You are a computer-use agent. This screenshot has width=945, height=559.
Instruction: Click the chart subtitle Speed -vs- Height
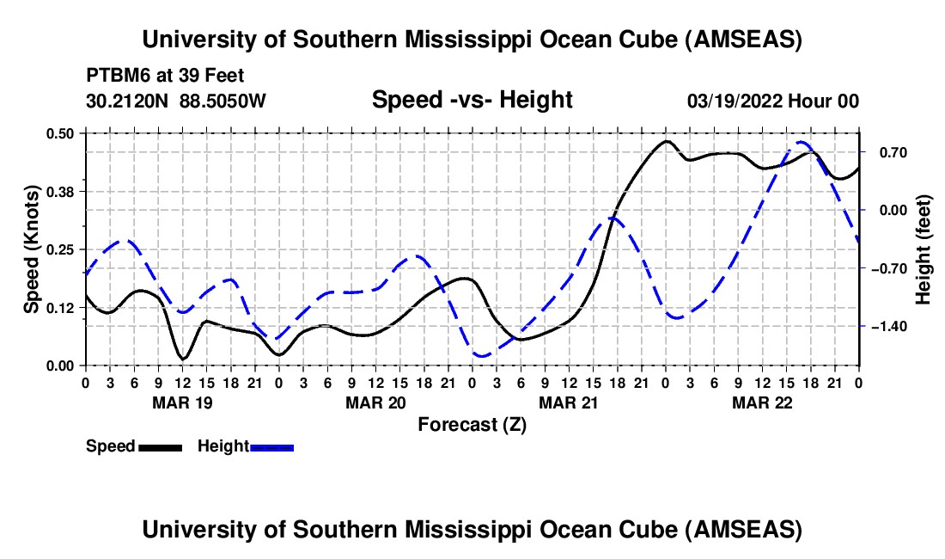pyautogui.click(x=472, y=101)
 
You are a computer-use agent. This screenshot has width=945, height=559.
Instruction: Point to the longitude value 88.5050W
pyautogui.click(x=223, y=101)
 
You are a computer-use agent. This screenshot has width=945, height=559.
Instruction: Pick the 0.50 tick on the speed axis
pyautogui.click(x=60, y=133)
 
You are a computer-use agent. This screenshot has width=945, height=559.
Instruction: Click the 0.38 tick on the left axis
pyautogui.click(x=60, y=191)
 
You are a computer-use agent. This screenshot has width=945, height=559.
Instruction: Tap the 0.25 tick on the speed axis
pyautogui.click(x=60, y=249)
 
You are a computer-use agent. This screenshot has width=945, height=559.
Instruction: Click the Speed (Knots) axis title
pyautogui.click(x=31, y=249)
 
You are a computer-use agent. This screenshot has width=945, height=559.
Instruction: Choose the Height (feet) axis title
pyautogui.click(x=924, y=249)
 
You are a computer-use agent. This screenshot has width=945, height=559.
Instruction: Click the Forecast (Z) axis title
pyautogui.click(x=472, y=424)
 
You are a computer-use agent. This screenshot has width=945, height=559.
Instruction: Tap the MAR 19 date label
pyautogui.click(x=182, y=402)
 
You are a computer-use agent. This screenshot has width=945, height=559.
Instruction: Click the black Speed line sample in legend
pyautogui.click(x=160, y=447)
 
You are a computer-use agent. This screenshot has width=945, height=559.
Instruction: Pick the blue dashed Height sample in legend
pyautogui.click(x=272, y=447)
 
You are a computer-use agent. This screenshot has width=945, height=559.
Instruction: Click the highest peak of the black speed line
pyautogui.click(x=666, y=141)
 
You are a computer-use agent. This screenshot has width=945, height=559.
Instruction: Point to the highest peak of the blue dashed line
pyautogui.click(x=802, y=143)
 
